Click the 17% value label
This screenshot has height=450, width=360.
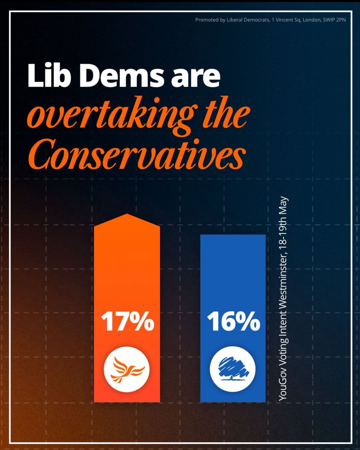127,322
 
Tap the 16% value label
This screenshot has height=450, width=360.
233,322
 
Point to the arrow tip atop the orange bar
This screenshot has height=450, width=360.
127,215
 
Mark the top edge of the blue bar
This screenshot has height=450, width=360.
233,235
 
